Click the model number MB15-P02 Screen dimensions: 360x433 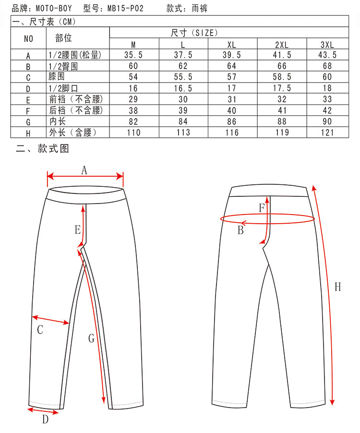(126, 8)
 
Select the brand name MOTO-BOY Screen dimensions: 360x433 (54, 8)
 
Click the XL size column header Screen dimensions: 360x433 (232, 45)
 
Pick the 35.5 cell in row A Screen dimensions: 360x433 (133, 55)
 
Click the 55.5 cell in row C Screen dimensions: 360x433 (183, 77)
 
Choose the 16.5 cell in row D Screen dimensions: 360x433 (183, 88)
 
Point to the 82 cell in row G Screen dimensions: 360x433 (133, 121)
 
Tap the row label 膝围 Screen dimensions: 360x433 (56, 77)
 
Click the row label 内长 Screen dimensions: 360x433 (56, 121)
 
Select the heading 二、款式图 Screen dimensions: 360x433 (42, 149)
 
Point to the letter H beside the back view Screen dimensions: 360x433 (337, 287)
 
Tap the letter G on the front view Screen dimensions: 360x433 (91, 338)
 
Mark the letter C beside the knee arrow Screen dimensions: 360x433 (40, 330)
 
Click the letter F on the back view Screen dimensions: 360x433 (262, 208)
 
